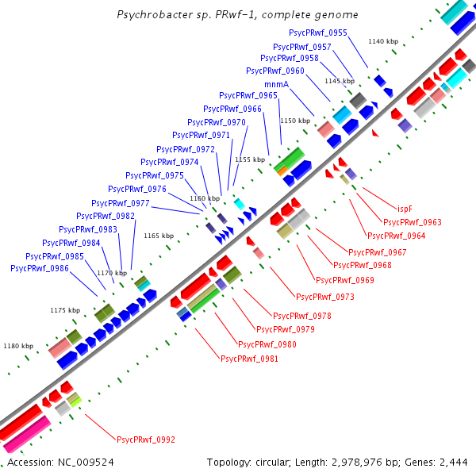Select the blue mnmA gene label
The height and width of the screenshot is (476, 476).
coord(275,84)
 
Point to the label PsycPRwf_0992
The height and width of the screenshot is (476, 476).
coord(146,440)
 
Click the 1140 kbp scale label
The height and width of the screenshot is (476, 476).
coord(383,41)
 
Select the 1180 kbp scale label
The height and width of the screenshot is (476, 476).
coord(18,346)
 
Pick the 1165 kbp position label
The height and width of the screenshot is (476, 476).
coord(158,236)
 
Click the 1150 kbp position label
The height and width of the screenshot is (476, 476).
coord(294,121)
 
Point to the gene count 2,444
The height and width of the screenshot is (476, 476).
coord(454,462)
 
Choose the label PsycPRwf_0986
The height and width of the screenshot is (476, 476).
coord(40,269)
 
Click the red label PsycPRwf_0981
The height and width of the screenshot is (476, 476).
coord(249,359)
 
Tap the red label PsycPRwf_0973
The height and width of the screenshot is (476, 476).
coord(325,297)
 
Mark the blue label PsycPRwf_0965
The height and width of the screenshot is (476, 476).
coord(248,95)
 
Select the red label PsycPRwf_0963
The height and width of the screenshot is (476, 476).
coord(412,223)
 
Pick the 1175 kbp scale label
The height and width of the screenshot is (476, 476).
coord(65,310)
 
